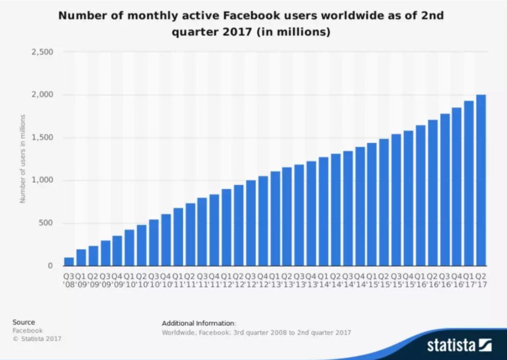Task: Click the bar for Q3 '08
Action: (69, 261)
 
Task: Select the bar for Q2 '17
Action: (481, 180)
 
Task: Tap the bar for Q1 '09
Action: (81, 257)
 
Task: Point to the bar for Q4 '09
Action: (117, 251)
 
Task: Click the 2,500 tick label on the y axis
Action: (42, 52)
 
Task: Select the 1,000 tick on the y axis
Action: (42, 180)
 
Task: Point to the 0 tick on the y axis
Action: (50, 266)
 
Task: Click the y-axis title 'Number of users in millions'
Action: (22, 159)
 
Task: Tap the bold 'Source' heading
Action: (23, 322)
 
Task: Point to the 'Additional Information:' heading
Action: (199, 323)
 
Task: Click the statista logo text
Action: (451, 346)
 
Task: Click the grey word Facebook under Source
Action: (27, 330)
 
